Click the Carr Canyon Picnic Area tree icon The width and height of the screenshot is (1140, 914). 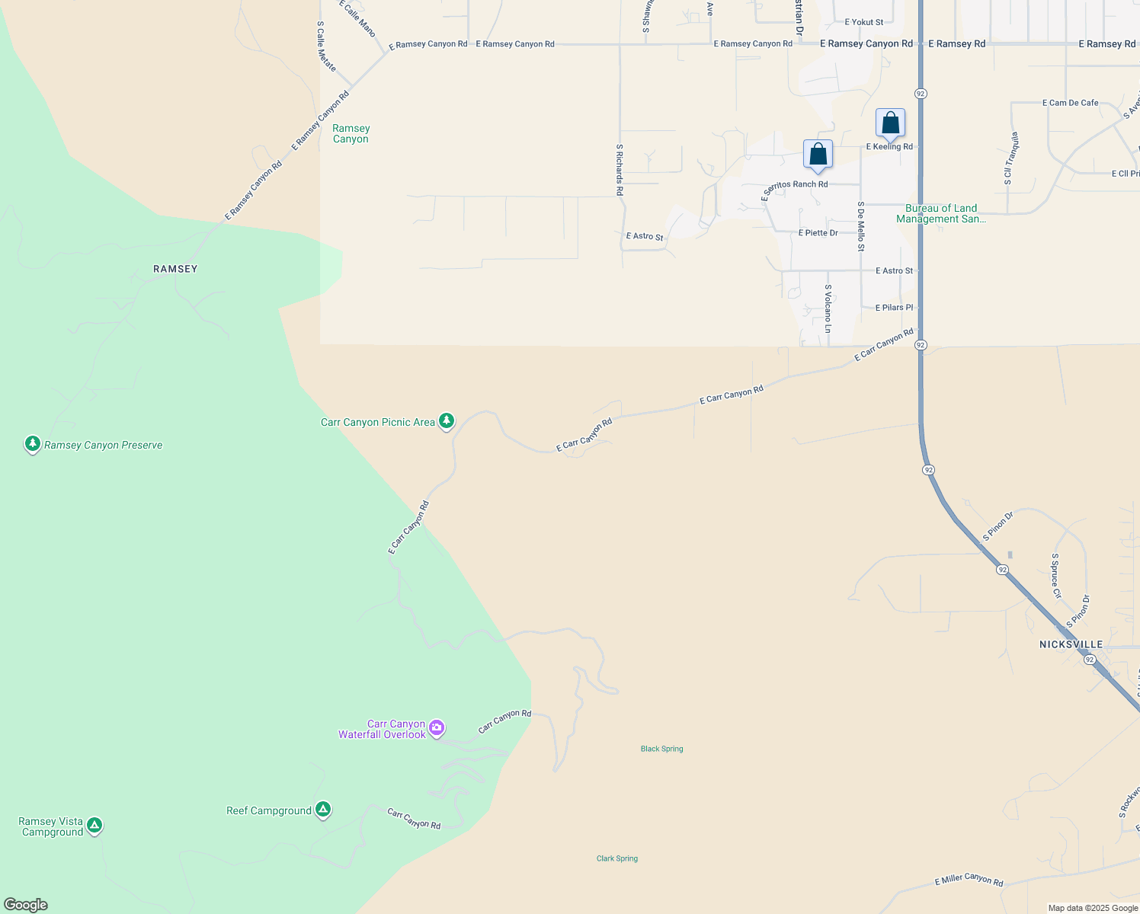point(447,420)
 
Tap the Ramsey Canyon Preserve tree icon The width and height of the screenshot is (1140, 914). point(32,443)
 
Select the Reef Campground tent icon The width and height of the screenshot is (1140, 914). point(323,809)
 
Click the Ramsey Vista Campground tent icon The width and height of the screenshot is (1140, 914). point(94,825)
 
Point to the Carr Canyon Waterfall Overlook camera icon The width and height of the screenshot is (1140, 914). point(437,727)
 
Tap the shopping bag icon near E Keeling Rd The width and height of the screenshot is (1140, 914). point(890,123)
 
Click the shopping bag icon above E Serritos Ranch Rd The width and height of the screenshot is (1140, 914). point(818,155)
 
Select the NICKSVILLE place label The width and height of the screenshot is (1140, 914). point(1071,644)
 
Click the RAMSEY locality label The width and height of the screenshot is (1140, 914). point(175,269)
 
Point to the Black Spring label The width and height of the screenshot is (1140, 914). point(661,749)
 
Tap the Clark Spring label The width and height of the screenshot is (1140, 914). point(617,858)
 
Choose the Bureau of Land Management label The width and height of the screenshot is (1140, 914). point(941,213)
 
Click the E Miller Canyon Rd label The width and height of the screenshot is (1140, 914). point(969,880)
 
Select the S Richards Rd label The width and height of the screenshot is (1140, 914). point(620,170)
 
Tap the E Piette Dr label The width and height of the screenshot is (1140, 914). point(818,233)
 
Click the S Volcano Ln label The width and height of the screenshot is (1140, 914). point(828,308)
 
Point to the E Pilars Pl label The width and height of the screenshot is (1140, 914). point(894,308)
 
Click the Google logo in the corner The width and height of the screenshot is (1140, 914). point(26,905)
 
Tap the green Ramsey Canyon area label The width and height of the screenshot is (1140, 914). point(351,133)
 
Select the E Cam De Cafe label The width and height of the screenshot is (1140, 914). point(1070,103)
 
